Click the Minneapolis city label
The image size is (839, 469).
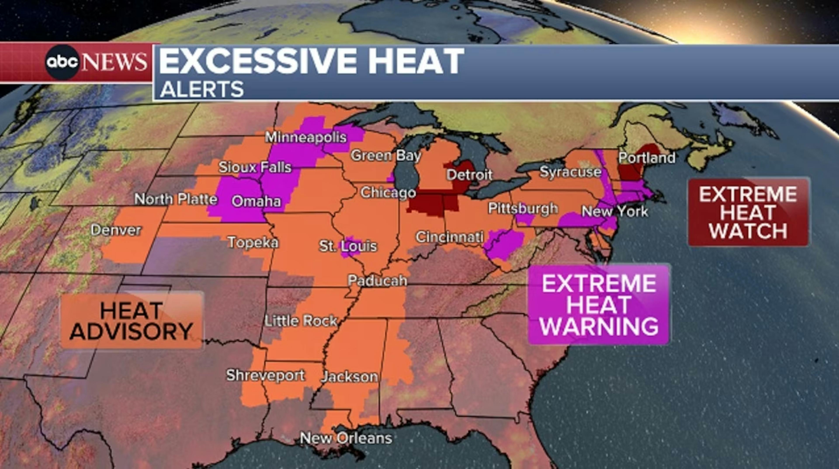point(305,137)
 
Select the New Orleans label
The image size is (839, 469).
point(346,438)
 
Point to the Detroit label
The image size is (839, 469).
point(469,175)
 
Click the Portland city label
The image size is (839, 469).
point(647,158)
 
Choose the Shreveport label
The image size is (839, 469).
point(265,375)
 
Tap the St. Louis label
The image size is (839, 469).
point(348,246)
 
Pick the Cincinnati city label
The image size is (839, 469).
point(449,237)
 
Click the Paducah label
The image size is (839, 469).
point(377,281)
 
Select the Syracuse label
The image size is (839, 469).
point(570,172)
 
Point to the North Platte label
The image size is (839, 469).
point(175,199)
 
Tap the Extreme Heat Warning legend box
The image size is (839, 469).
point(599,304)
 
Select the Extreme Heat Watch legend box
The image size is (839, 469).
point(748,212)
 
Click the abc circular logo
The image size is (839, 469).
point(62,62)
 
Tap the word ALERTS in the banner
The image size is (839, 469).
point(202,89)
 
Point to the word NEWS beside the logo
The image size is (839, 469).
point(114,62)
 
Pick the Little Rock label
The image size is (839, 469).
point(300,321)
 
